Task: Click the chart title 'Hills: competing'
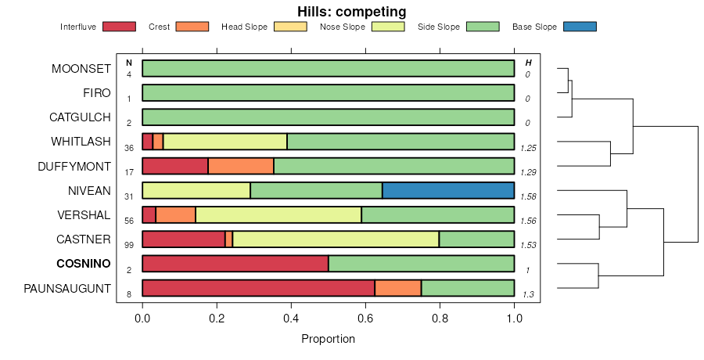(351, 12)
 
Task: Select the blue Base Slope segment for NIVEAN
(448, 190)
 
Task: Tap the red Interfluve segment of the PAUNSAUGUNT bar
(258, 288)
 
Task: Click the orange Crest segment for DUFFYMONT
(241, 166)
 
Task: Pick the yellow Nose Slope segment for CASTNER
(336, 239)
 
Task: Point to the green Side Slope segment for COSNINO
(421, 263)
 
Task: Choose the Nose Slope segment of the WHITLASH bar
(225, 142)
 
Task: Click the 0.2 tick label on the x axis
(217, 319)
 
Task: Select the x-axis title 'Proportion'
(328, 339)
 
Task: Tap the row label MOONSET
(81, 69)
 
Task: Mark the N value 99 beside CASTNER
(129, 245)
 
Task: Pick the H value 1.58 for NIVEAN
(528, 196)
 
